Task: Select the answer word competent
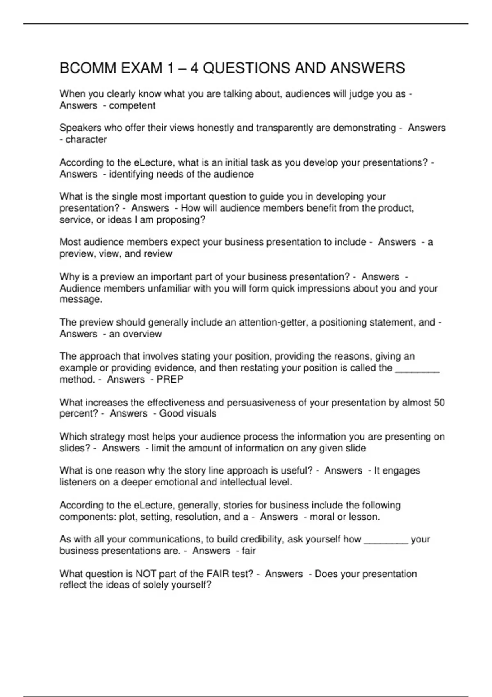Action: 132,105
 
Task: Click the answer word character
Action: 86,139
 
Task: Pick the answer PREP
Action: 170,379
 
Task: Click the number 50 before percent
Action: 439,403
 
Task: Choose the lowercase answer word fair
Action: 248,551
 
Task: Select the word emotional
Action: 178,482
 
